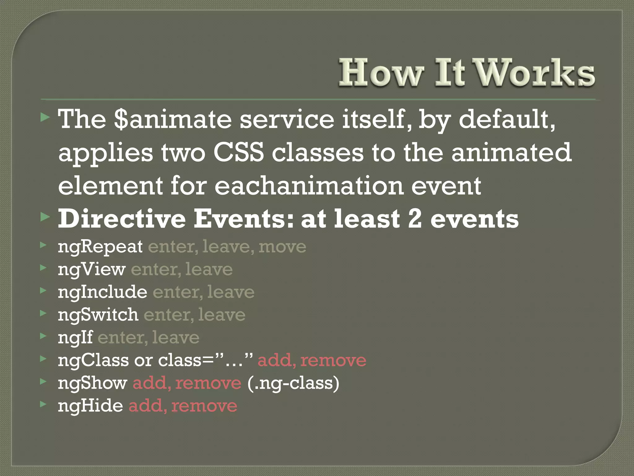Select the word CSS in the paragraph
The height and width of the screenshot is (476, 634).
click(x=238, y=153)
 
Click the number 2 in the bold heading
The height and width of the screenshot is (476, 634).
click(x=415, y=219)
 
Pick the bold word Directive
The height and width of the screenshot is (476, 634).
click(x=122, y=219)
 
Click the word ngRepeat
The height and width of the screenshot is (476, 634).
click(x=100, y=247)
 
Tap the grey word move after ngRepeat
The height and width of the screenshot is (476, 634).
click(x=282, y=247)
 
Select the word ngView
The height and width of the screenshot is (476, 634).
click(x=92, y=269)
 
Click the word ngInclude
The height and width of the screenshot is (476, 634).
click(x=102, y=292)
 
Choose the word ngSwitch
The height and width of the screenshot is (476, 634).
click(x=98, y=315)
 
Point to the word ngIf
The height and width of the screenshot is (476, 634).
click(x=75, y=337)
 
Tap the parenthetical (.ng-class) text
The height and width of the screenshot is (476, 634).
click(x=293, y=383)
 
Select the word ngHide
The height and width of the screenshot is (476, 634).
click(x=90, y=406)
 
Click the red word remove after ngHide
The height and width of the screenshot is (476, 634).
click(x=204, y=406)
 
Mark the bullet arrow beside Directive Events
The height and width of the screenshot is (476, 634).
click(x=45, y=217)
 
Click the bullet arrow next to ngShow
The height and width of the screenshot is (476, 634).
click(x=43, y=381)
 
